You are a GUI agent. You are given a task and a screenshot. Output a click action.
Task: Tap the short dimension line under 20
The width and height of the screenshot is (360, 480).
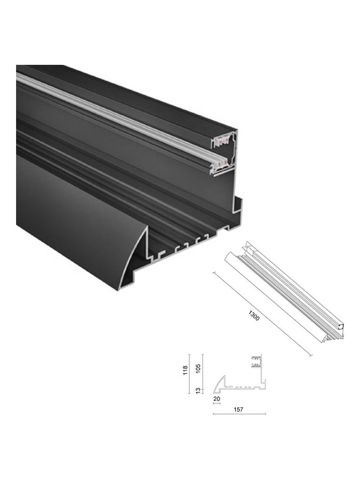(x=217, y=404)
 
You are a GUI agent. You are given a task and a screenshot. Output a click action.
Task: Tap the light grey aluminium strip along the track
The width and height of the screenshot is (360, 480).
(x=112, y=112)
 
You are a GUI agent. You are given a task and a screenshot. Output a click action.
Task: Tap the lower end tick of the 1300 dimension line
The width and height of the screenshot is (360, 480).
(x=310, y=355)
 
